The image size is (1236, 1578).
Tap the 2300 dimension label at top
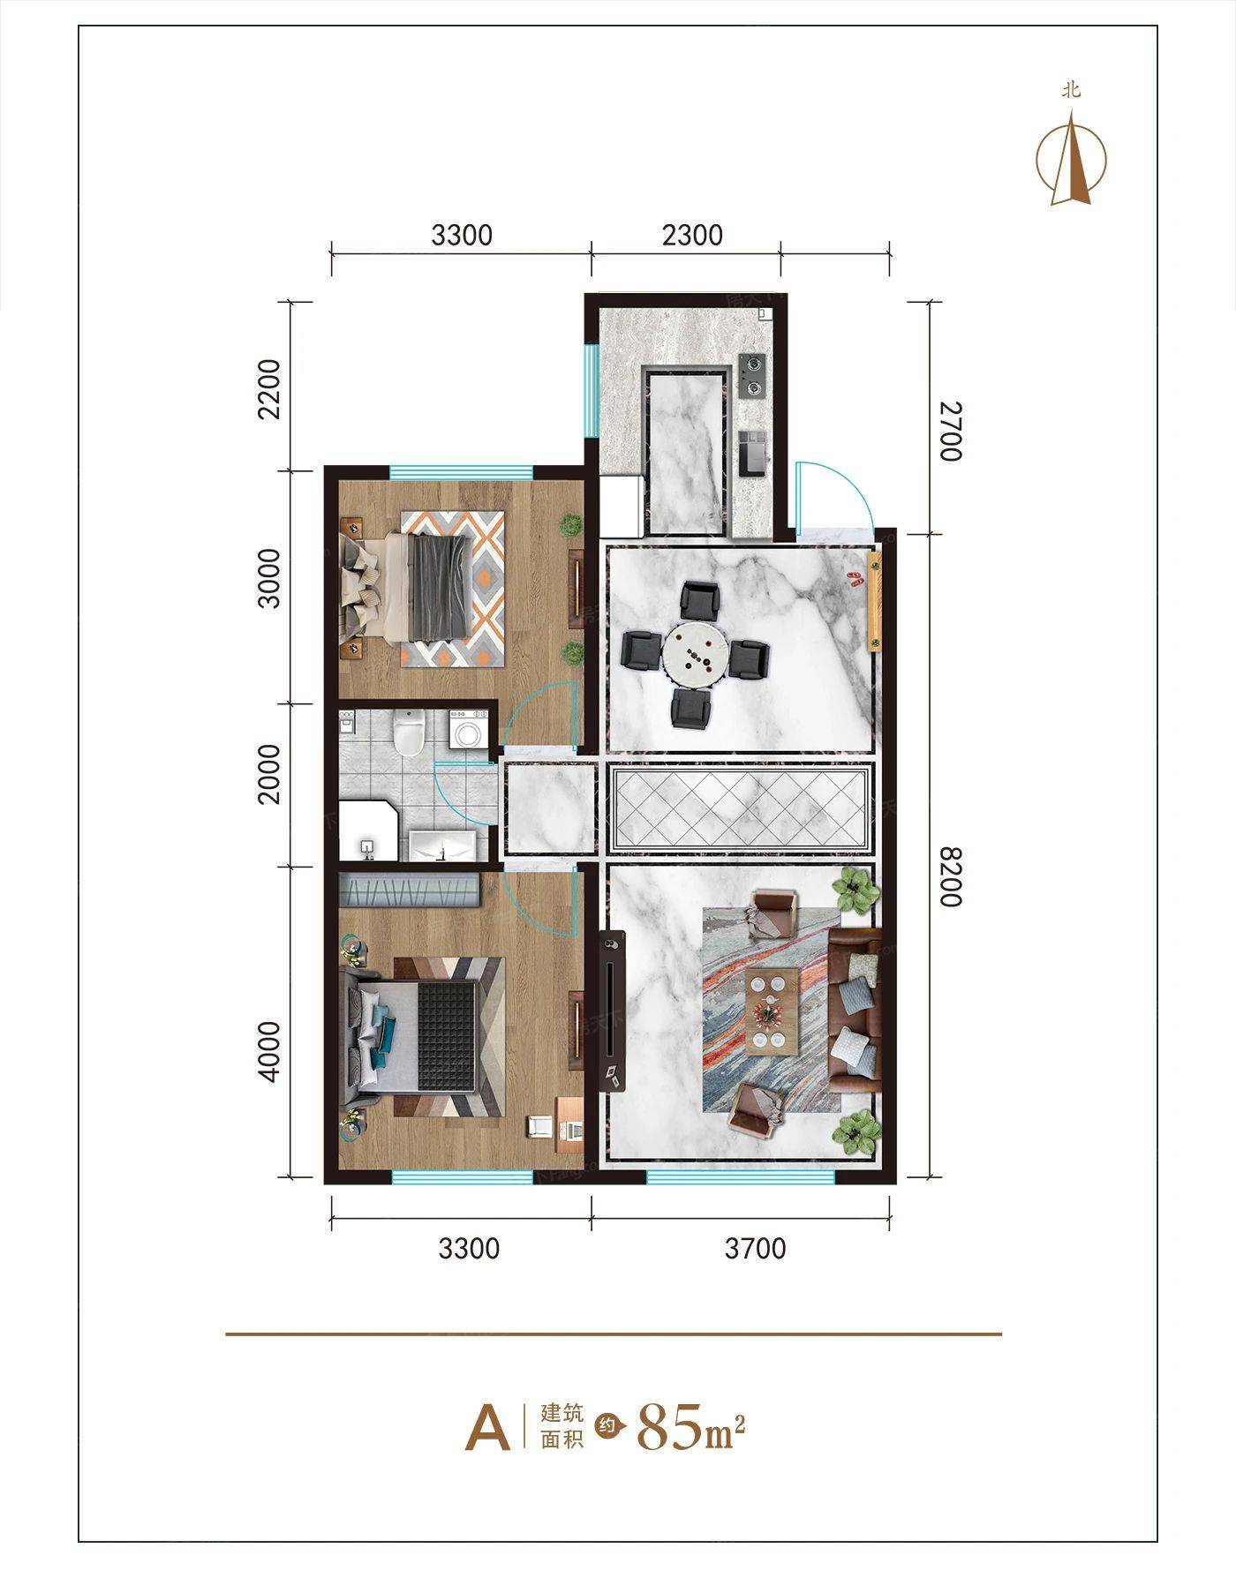point(692,235)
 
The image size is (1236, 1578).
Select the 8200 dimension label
point(949,876)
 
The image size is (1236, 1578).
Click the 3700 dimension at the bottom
point(755,1248)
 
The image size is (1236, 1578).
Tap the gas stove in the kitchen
point(752,374)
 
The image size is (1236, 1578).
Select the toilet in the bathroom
point(410,733)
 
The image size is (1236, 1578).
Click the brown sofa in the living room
point(855,1010)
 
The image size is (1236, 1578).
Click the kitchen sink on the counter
point(751,451)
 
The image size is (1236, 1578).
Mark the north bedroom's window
point(462,472)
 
